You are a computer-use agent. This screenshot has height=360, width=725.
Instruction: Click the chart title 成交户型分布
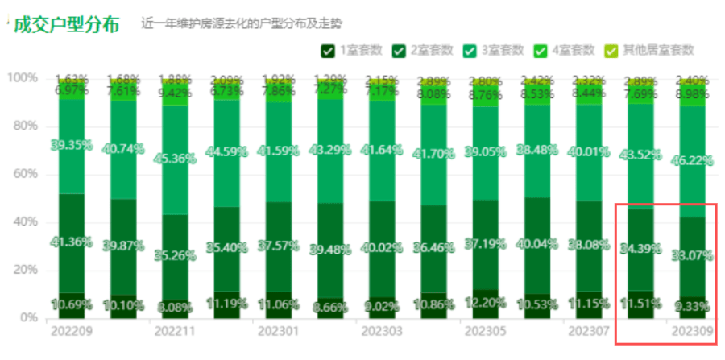pos(67,23)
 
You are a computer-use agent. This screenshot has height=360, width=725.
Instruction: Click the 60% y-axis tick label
pos(24,174)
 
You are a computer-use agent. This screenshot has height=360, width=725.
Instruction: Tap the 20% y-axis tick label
pos(24,270)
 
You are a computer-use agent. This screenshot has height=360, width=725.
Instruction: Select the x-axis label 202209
pos(71,331)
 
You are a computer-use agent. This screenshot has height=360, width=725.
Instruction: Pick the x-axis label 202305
pos(483,331)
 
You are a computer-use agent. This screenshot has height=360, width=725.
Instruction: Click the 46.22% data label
pos(692,160)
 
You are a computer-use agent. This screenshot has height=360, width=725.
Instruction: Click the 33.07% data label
pos(692,257)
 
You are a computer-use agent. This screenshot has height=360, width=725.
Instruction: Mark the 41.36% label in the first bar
pos(72,242)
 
